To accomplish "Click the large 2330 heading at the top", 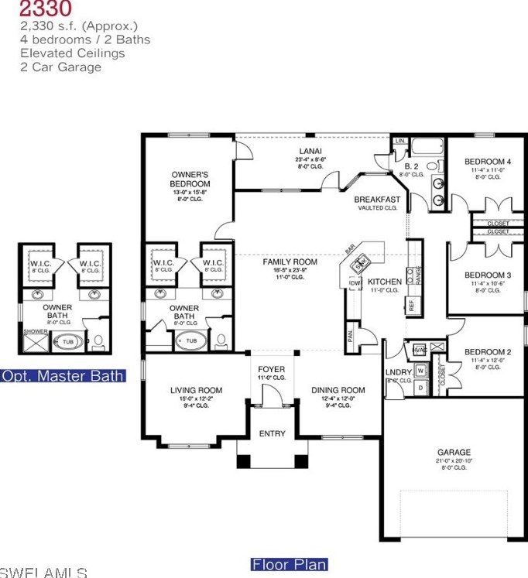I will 46,9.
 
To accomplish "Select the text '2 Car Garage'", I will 60,67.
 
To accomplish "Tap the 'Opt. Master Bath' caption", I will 63,376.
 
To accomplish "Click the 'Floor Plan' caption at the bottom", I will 289,565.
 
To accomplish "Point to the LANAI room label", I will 311,151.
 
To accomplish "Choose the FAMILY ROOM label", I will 290,262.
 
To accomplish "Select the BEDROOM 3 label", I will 487,275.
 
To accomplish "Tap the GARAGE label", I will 453,453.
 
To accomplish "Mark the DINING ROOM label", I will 338,390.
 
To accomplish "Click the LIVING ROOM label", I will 196,390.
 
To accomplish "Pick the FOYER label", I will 271,369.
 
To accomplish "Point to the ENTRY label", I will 272,434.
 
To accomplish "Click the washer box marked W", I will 420,371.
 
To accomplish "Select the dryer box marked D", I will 420,386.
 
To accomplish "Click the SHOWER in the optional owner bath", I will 35,331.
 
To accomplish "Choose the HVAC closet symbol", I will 420,350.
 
